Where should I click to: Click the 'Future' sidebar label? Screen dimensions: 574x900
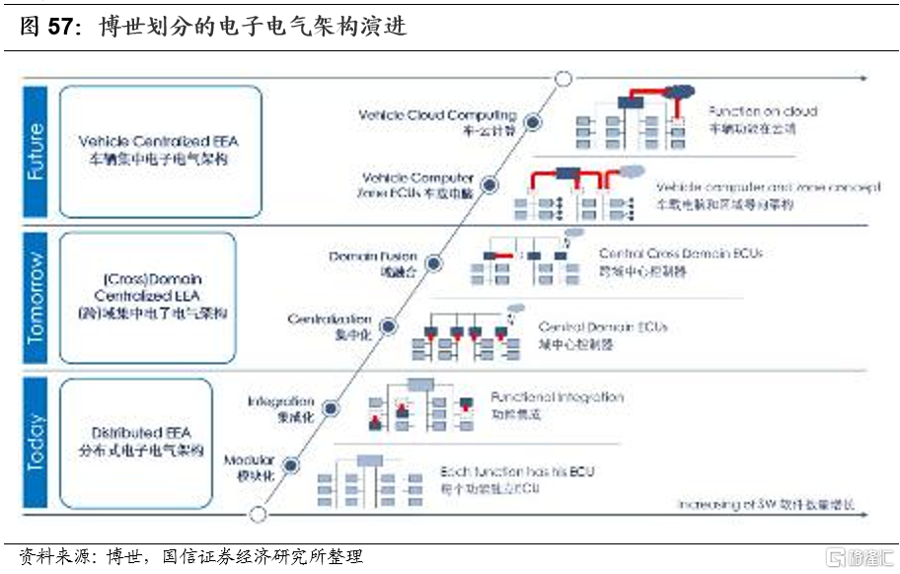(x=36, y=151)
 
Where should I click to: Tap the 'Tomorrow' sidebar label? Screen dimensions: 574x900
(x=36, y=299)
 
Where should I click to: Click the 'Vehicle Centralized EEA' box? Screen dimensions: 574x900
(x=161, y=150)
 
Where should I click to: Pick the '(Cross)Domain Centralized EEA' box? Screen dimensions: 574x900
(x=148, y=297)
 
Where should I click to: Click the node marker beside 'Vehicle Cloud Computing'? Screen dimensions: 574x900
(x=532, y=122)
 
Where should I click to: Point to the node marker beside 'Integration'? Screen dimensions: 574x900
(x=331, y=407)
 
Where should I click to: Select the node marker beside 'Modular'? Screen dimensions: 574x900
(x=293, y=463)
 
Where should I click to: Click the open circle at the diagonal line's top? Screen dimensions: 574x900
(x=563, y=79)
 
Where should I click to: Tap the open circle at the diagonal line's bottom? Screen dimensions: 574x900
(x=259, y=513)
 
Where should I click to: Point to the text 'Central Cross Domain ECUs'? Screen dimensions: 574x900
(x=680, y=253)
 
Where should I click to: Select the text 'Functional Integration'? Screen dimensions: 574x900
(x=557, y=397)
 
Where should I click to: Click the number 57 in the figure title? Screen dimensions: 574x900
(x=61, y=28)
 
